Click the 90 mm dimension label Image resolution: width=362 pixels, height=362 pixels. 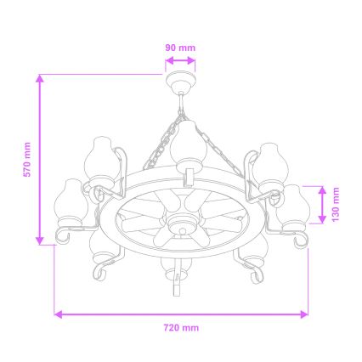click(179, 48)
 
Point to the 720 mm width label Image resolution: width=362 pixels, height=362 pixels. click(181, 326)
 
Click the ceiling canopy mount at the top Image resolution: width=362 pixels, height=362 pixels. click(179, 83)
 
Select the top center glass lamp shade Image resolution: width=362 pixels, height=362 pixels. click(186, 143)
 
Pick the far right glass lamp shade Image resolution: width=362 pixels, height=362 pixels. click(293, 203)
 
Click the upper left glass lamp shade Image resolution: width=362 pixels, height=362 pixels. click(100, 161)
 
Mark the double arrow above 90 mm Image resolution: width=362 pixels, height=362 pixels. click(179, 60)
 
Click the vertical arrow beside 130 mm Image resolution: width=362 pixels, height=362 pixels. click(323, 204)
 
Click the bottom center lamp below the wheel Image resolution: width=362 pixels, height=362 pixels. click(173, 272)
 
